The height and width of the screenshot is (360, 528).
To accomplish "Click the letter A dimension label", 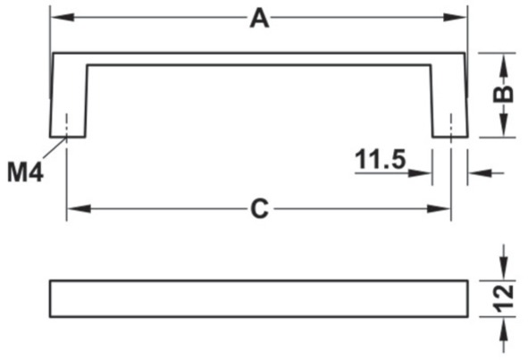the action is tap(259, 18).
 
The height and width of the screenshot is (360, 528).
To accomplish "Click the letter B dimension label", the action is tap(503, 94).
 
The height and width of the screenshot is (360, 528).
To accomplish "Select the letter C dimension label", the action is tap(260, 209).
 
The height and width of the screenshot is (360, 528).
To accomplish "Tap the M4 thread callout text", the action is tap(25, 172).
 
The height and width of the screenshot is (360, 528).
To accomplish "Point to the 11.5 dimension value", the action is tap(381, 159).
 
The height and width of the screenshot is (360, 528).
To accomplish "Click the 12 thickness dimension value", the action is tap(503, 297).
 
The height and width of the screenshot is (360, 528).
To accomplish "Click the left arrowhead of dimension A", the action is tap(63, 17).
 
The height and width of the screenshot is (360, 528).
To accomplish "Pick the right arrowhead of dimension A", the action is tap(455, 17).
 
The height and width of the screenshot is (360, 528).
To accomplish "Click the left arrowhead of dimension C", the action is tap(80, 209).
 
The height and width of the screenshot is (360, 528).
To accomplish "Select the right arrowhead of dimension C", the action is tap(439, 209).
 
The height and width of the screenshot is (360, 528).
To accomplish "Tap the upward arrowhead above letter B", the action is tap(503, 64).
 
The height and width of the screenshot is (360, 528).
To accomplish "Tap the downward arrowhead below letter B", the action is tap(503, 125).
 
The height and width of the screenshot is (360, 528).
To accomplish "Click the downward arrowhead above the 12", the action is tap(503, 268).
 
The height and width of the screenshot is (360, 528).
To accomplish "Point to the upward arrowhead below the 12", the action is tap(503, 329).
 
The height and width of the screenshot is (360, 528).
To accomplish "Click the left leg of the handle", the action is tap(69, 101).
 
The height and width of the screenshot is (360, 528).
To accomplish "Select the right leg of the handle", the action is tap(448, 101).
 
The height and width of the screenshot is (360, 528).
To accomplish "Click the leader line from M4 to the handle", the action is tap(54, 147).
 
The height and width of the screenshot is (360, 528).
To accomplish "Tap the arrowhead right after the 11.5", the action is tap(420, 173).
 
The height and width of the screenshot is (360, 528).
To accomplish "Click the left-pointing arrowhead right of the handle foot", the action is tap(480, 173).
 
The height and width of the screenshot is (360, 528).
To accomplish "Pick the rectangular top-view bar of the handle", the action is tap(258, 298).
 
